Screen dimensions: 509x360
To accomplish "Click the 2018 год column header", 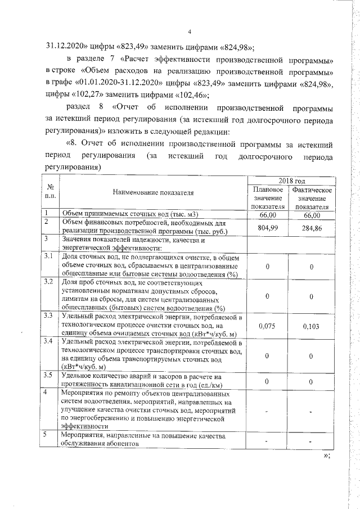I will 292,181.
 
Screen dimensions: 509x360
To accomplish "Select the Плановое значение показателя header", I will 268,199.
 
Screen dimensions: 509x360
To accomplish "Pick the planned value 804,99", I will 268,228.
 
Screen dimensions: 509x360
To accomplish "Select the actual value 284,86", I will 311,228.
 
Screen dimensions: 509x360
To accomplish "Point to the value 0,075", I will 268,326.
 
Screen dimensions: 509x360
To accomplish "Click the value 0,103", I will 311,326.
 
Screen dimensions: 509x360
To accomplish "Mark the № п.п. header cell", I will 51,193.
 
